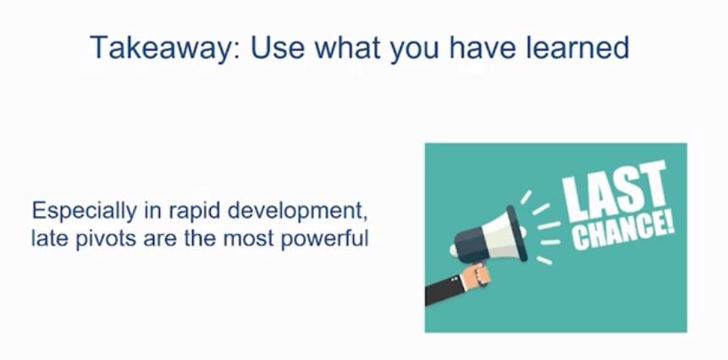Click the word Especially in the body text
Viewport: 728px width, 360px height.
click(84, 213)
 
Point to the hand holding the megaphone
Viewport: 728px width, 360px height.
click(476, 275)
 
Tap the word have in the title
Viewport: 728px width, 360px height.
click(483, 47)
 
